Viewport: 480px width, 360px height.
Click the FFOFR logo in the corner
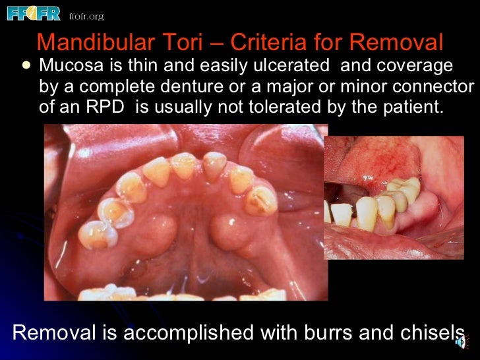(x=34, y=13)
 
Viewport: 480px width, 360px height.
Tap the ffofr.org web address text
(x=86, y=16)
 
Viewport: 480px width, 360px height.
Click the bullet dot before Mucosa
(x=26, y=66)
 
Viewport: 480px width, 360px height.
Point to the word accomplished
(x=187, y=333)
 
